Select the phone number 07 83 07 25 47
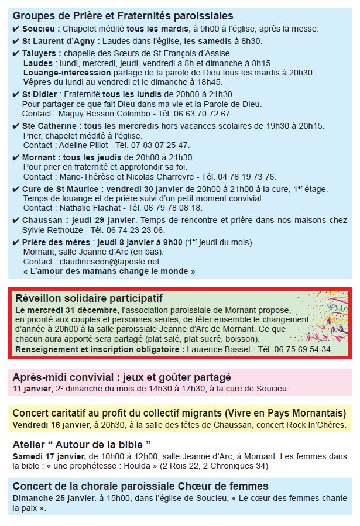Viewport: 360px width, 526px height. point(162,145)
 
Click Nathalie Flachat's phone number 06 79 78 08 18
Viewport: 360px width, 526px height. point(174,208)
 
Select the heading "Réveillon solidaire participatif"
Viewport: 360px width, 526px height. point(89,298)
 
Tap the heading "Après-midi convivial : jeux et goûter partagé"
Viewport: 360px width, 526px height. point(122,377)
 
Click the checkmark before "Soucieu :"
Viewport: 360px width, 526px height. point(16,29)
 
